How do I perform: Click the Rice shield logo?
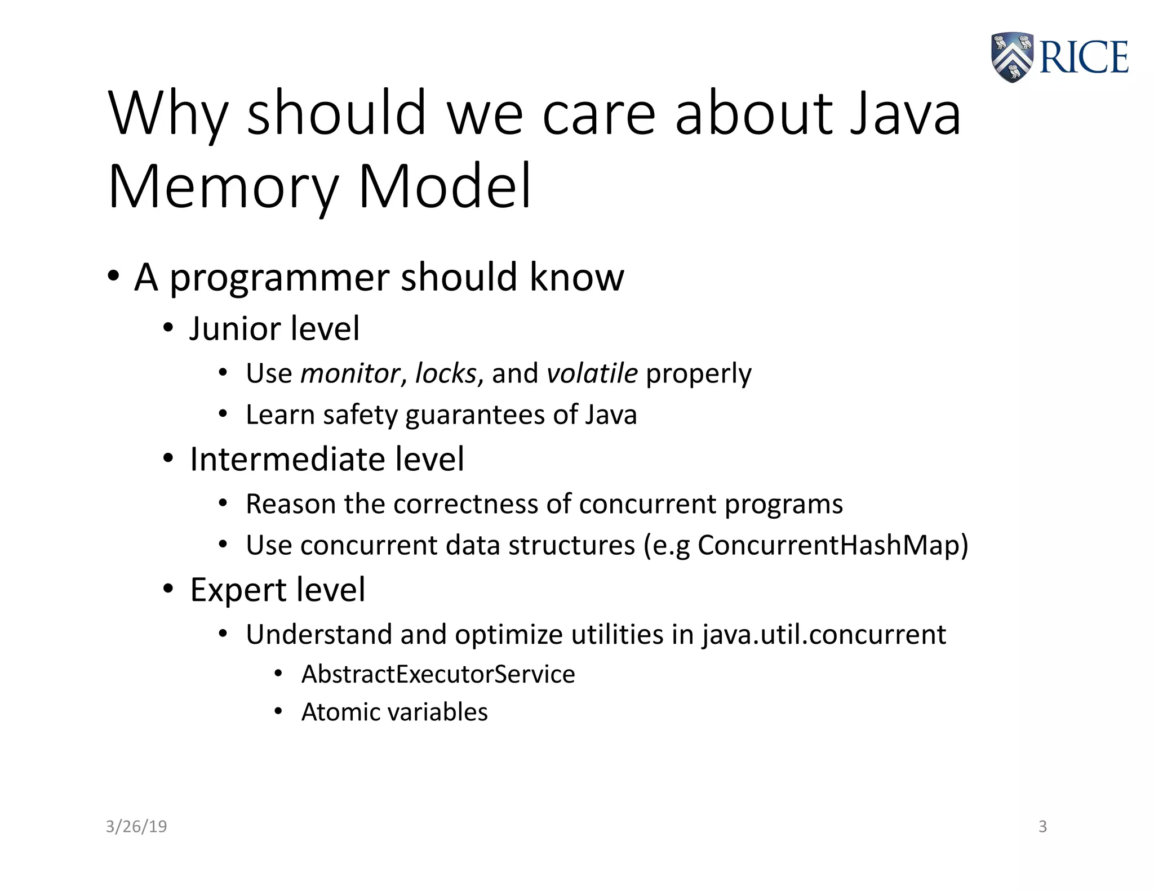point(1012,57)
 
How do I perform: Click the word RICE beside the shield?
point(1083,57)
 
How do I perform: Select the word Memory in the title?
point(223,187)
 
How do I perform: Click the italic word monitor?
point(350,373)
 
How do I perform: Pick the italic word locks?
point(446,373)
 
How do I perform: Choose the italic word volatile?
point(592,373)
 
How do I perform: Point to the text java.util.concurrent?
point(823,635)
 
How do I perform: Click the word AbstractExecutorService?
point(438,674)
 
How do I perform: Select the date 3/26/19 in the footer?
point(136,826)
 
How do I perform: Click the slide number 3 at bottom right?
point(1042,826)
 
